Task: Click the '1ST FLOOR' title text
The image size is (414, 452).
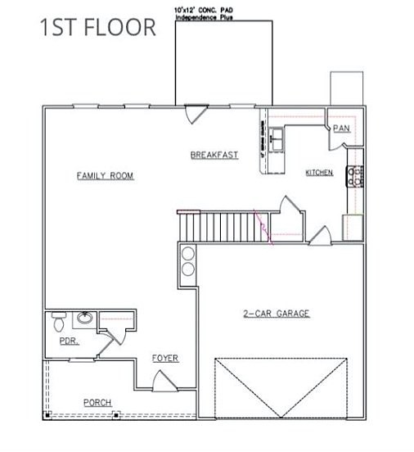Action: (x=98, y=26)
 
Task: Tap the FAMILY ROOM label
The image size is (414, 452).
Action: (x=105, y=176)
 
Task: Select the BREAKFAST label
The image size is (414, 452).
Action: (x=214, y=155)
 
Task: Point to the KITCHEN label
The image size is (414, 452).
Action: (x=319, y=173)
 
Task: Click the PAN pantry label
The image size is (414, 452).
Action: (x=340, y=129)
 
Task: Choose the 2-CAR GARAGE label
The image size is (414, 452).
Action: (x=277, y=314)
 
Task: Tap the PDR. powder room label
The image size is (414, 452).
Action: (x=69, y=342)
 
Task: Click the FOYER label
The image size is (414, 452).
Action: (x=165, y=359)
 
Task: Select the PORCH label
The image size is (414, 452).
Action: (x=97, y=402)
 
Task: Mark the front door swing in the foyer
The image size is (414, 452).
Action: (x=163, y=381)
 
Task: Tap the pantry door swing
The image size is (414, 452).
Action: (x=337, y=142)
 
